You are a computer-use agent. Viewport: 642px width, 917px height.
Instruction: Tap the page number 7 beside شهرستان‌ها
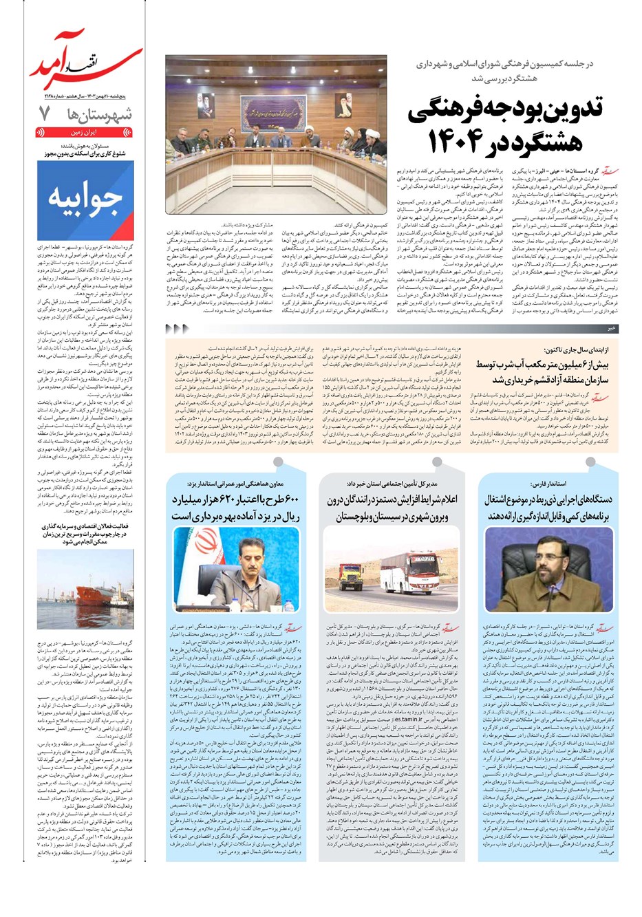click(45, 114)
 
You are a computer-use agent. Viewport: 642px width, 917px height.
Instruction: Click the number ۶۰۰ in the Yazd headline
click(283, 500)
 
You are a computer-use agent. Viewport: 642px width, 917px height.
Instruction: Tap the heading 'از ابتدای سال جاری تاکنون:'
click(578, 350)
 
